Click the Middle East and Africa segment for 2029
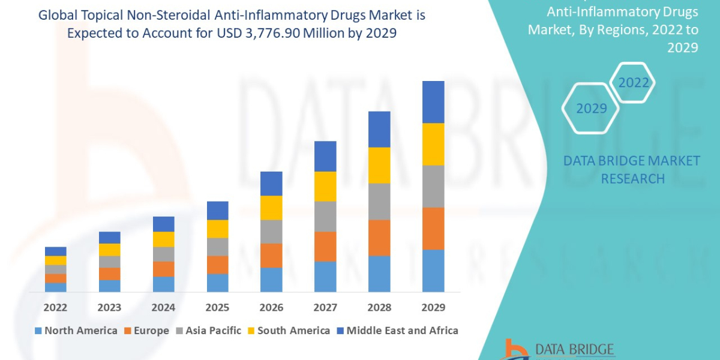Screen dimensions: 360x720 433,102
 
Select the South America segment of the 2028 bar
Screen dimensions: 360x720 379,165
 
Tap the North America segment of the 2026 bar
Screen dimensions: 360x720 271,280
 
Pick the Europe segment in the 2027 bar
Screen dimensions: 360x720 325,246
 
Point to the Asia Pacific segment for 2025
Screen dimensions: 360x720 217,247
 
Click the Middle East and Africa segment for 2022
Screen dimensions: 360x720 56,251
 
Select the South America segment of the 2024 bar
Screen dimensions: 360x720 163,239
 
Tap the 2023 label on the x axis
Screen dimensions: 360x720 109,308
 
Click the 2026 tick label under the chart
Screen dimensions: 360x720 271,308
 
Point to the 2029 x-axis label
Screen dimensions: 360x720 433,308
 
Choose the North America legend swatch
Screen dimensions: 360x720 39,331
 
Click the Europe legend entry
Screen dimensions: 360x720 148,331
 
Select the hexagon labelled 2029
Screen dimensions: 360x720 591,109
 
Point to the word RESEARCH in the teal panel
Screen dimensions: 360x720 632,178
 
